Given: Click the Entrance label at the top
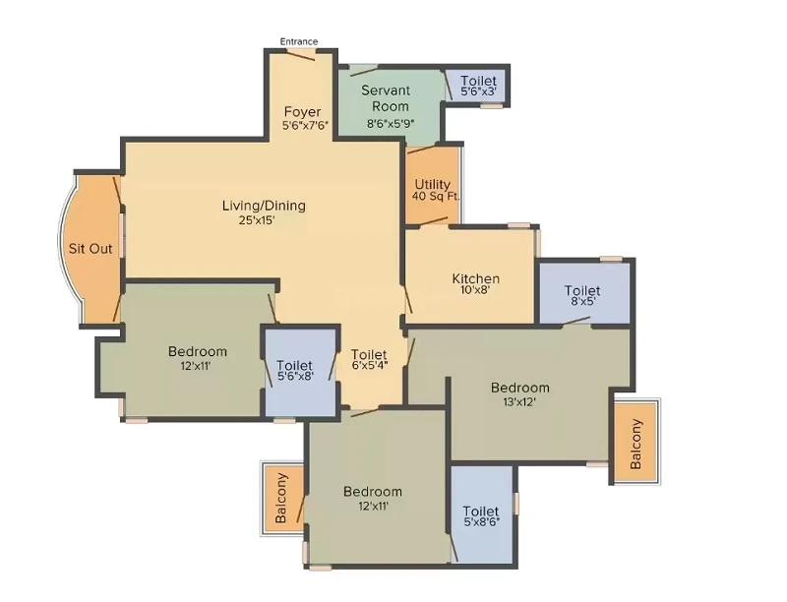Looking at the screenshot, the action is [x=299, y=41].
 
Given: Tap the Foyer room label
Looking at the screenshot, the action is [x=302, y=111].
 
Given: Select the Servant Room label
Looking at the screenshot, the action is [x=386, y=98].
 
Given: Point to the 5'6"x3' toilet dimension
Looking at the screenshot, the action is [x=478, y=91].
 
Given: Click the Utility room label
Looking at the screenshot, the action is [x=432, y=184].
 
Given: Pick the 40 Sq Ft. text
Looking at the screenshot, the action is [x=436, y=196].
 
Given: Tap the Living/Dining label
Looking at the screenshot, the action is [x=264, y=206].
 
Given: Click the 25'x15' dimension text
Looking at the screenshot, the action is [x=257, y=219].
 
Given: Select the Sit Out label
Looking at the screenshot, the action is [x=91, y=248].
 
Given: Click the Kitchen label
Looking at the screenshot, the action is [x=476, y=278].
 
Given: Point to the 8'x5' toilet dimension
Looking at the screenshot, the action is [x=582, y=302].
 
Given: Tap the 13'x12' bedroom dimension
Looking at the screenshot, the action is [x=519, y=402].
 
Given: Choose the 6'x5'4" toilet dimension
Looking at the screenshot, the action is [x=370, y=365].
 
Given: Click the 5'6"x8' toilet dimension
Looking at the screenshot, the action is [x=295, y=376].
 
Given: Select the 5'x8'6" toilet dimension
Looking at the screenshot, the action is [x=481, y=521].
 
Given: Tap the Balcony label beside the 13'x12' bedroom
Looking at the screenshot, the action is [x=636, y=444].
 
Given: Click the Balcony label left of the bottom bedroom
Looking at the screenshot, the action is [x=281, y=498].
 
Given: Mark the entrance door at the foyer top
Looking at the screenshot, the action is [x=301, y=55].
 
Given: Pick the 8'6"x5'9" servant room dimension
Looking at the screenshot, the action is [x=390, y=123].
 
